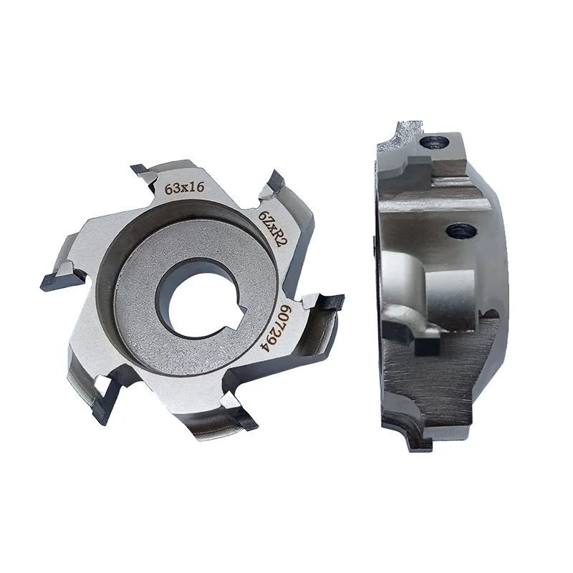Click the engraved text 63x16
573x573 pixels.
[x=185, y=188]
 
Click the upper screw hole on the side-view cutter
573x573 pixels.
[x=434, y=142]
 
